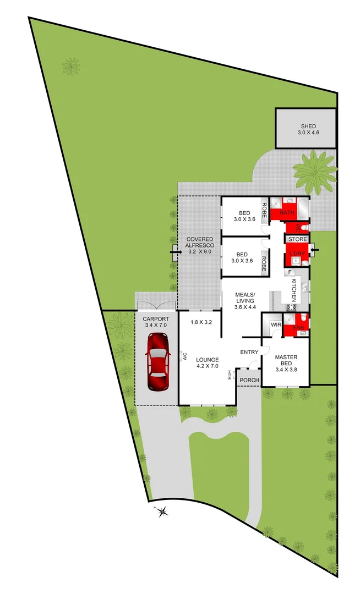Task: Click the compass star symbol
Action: (x=162, y=512)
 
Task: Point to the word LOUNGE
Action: (x=208, y=360)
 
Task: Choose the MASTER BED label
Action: (x=286, y=357)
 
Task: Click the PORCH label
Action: (x=249, y=380)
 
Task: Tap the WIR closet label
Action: (x=276, y=325)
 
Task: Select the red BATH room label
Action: (x=287, y=212)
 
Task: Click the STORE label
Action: (x=298, y=239)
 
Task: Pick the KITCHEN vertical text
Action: (x=294, y=289)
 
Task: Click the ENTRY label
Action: (x=249, y=352)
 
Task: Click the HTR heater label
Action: (x=229, y=376)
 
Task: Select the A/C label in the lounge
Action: (x=185, y=356)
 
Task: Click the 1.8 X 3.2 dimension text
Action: (x=201, y=322)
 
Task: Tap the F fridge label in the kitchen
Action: (x=288, y=272)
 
